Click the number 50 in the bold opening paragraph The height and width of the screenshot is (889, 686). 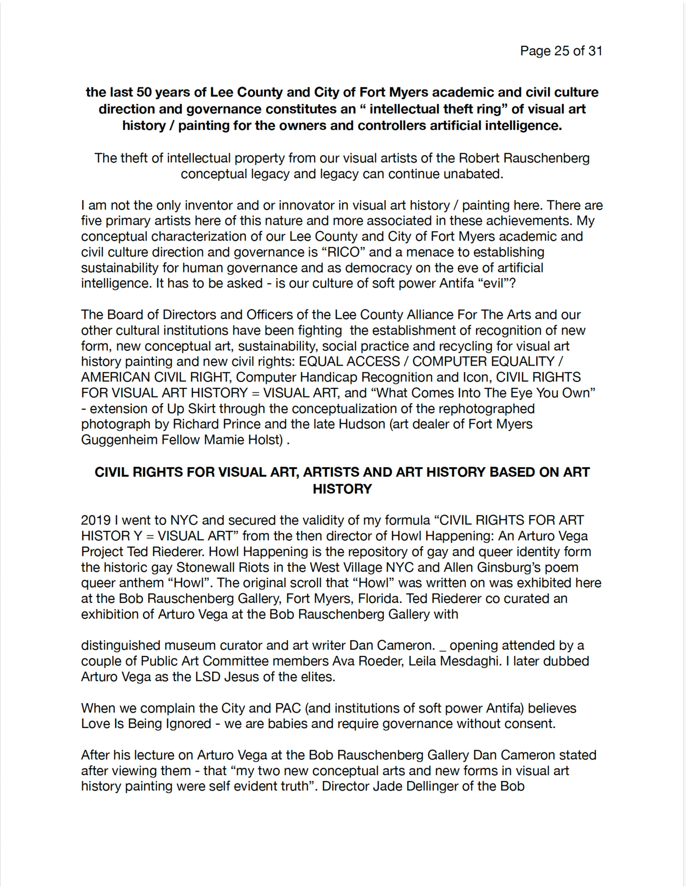tap(144, 92)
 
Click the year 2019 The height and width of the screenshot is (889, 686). tap(96, 520)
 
